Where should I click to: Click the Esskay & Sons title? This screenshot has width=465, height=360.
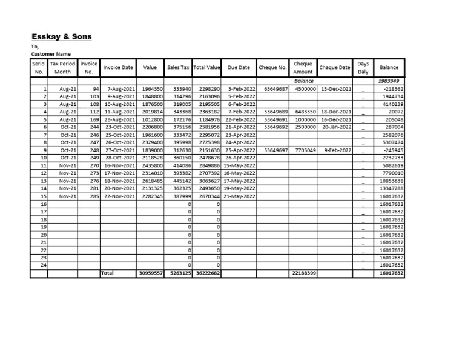(61, 36)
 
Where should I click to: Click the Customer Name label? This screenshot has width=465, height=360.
(50, 54)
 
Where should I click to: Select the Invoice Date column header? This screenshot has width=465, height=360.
(119, 68)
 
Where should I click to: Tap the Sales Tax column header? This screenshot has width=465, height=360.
(178, 68)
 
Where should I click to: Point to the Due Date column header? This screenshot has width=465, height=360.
(239, 68)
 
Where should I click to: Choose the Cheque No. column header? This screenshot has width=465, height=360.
(272, 68)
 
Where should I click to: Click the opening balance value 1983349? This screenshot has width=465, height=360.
(389, 81)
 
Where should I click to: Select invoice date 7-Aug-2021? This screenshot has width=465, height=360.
(120, 88)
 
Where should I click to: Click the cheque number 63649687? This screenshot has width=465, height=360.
(276, 88)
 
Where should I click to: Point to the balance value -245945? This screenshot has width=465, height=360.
(393, 150)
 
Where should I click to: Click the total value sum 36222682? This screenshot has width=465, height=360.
(208, 273)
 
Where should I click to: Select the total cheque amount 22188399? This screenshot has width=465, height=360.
(303, 273)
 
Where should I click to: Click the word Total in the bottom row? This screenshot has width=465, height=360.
(108, 273)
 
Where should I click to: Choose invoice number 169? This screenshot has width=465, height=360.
(94, 119)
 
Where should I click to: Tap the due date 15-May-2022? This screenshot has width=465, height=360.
(240, 165)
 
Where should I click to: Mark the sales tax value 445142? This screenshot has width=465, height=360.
(181, 181)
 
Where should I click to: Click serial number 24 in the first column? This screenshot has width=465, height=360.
(43, 265)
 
